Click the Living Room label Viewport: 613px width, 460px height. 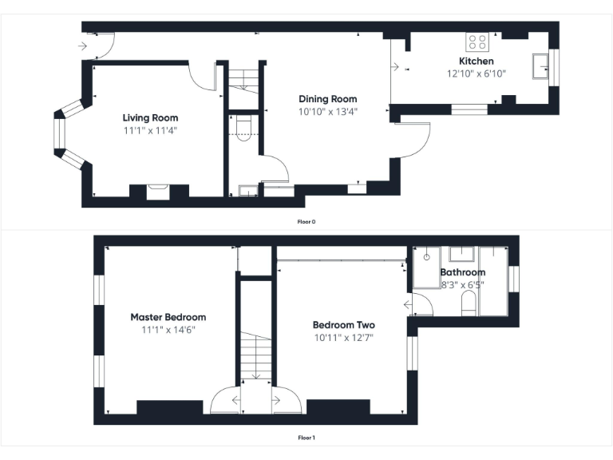[150, 118]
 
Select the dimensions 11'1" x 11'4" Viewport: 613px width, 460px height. [150, 129]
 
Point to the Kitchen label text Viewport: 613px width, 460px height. [476, 61]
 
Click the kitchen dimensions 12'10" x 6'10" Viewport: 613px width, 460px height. [476, 73]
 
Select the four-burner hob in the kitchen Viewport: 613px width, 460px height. [477, 42]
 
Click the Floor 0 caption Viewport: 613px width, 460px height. [306, 221]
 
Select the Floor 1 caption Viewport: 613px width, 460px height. [306, 438]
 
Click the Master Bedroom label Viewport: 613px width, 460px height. [168, 317]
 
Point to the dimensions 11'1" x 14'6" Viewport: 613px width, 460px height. [168, 329]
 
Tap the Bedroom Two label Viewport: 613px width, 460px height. [343, 325]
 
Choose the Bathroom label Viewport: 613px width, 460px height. [463, 272]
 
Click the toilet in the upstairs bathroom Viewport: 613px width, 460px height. [469, 304]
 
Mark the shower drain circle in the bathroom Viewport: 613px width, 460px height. [427, 257]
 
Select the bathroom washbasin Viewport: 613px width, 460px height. [461, 255]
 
